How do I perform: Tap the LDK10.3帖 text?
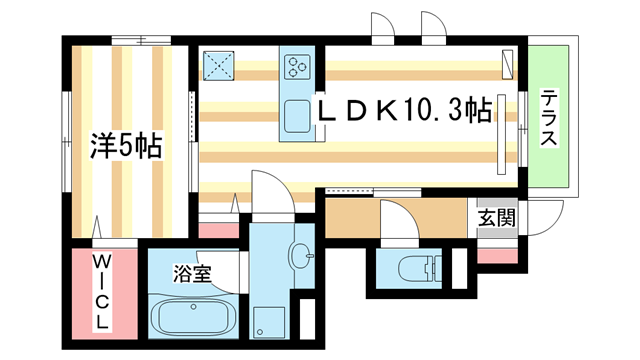pyautogui.click(x=405, y=109)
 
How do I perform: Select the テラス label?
pyautogui.click(x=548, y=119)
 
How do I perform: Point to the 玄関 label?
pyautogui.click(x=495, y=216)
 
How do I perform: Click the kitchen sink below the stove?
pyautogui.click(x=298, y=118)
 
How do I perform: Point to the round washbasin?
pyautogui.click(x=299, y=257)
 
